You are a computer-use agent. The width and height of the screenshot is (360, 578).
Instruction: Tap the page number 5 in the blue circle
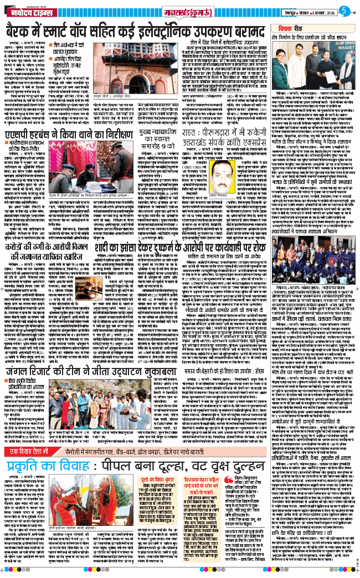coord(344,10)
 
